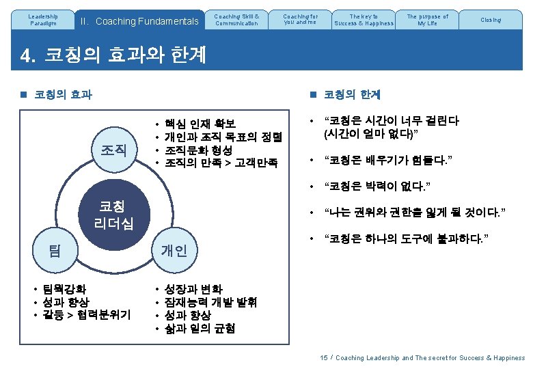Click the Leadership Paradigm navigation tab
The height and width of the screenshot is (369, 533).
(x=44, y=20)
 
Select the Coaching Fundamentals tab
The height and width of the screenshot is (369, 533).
(x=139, y=21)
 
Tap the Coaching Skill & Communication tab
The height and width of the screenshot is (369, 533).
(x=236, y=20)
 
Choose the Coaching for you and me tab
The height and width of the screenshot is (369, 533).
(x=300, y=20)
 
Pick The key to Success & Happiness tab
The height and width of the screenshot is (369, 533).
(x=363, y=20)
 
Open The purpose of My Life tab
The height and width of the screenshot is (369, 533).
(x=427, y=20)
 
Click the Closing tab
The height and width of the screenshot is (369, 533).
(x=490, y=20)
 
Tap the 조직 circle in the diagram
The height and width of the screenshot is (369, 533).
(x=113, y=148)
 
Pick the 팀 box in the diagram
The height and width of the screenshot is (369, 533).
(x=54, y=250)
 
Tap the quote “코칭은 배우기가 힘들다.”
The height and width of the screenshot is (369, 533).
(x=391, y=161)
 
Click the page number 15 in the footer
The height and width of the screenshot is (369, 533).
(x=324, y=357)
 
